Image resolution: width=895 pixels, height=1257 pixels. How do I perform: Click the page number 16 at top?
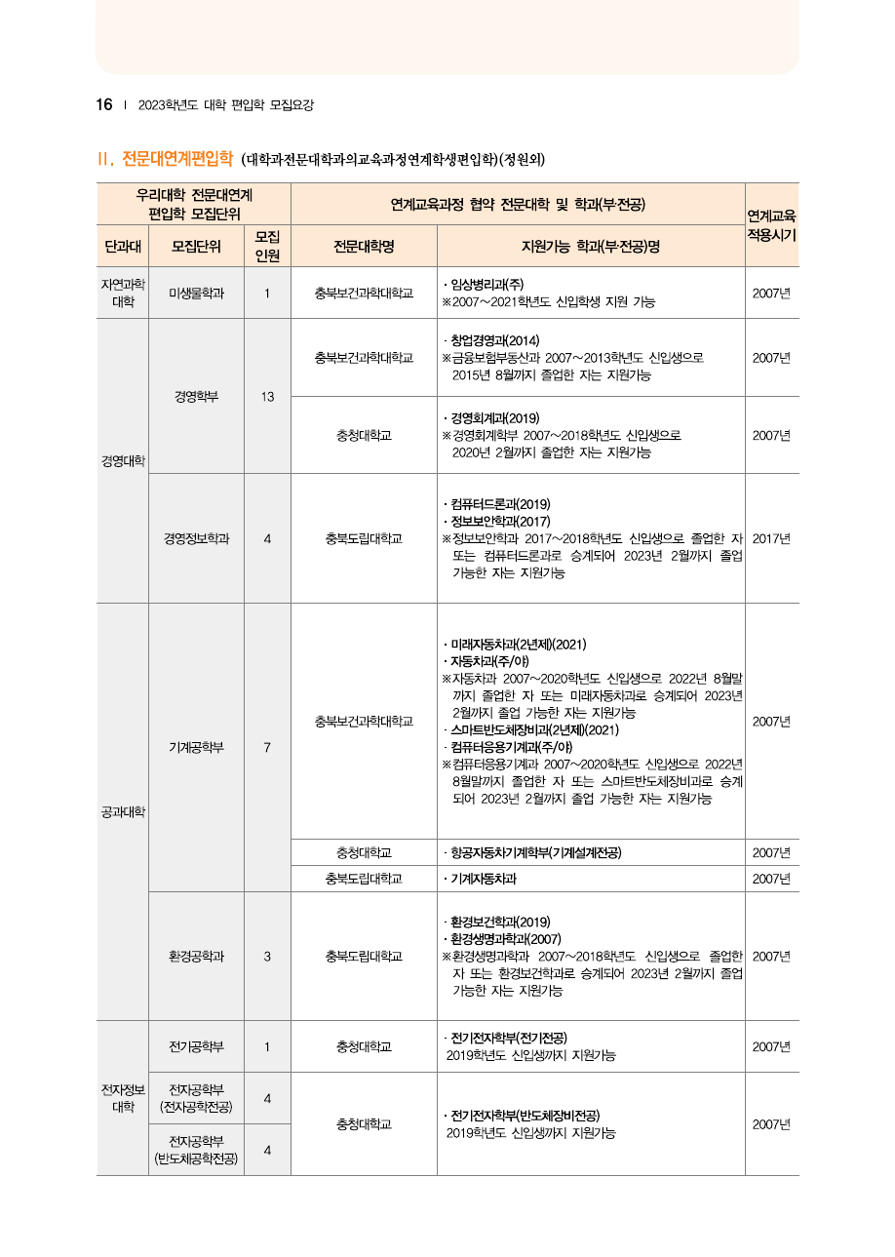pos(104,105)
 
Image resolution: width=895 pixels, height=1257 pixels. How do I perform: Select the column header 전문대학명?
pos(364,247)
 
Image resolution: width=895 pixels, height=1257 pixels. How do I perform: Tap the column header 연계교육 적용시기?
pos(771,225)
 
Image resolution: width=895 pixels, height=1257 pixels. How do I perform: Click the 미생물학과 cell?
pos(196,294)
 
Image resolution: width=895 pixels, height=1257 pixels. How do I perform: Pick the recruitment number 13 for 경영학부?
pos(267,397)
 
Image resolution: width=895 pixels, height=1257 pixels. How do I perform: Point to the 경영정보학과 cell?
pos(196,538)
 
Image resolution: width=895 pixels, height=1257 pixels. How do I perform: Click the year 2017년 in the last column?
pos(771,538)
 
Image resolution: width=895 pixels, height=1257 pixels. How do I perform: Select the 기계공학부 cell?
pos(196,748)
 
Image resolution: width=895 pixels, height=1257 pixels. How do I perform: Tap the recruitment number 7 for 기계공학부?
pos(267,748)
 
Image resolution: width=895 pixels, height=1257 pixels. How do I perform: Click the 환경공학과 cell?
pos(196,957)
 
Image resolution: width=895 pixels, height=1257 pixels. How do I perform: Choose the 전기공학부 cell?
pos(196,1047)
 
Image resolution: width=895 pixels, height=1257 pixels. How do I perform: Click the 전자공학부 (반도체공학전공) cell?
pos(196,1150)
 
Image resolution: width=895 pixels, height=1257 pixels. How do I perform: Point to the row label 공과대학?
pos(123,811)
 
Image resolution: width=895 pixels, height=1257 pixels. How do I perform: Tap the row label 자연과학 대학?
pos(123,294)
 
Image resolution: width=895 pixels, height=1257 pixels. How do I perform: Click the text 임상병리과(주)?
pos(487,285)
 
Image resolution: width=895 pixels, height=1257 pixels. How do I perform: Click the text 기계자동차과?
pos(483,880)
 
